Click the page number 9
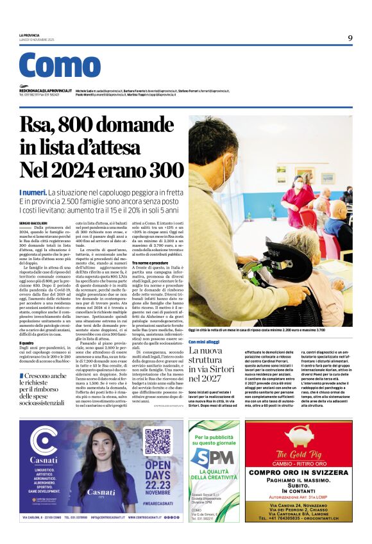coord(350,38)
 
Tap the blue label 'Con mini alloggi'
coord(204,343)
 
